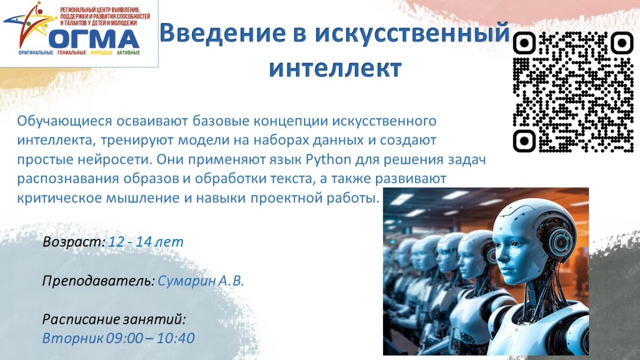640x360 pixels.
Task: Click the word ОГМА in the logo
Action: pos(94,38)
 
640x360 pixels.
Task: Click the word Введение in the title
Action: pos(223,33)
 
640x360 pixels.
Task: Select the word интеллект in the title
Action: pos(335,68)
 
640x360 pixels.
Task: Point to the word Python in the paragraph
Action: pos(329,159)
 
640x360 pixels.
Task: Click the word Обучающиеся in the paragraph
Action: pos(65,121)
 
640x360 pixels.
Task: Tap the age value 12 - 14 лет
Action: pos(146,242)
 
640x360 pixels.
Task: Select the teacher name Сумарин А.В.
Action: pos(201,281)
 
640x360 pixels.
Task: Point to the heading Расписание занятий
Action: pos(114,319)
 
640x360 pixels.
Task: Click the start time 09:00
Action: pos(124,338)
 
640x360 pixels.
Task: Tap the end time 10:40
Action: pos(175,338)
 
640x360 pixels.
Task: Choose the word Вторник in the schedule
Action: pos(73,338)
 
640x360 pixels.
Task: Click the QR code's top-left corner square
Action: pos(524,43)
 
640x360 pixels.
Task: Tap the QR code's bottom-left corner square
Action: pos(524,141)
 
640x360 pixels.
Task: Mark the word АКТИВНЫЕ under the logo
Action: pos(129,53)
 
